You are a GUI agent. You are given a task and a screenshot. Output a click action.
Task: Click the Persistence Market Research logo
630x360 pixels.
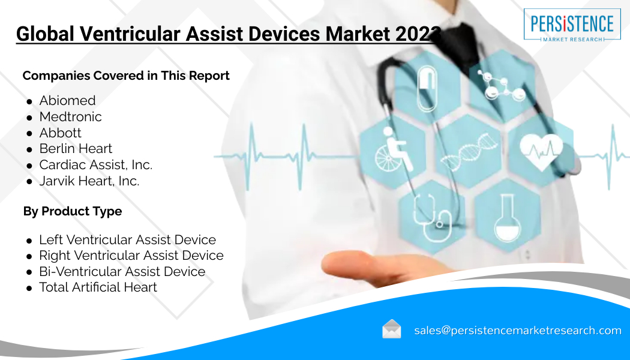pyautogui.click(x=572, y=25)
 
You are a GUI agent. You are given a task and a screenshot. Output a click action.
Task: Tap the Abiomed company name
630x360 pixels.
pyautogui.click(x=67, y=100)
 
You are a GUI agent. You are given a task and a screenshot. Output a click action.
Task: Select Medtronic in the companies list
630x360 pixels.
pyautogui.click(x=70, y=116)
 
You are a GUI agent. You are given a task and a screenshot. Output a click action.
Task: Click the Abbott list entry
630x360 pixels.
pyautogui.click(x=60, y=133)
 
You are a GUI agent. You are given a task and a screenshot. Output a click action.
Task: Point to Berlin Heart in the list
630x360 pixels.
pyautogui.click(x=76, y=149)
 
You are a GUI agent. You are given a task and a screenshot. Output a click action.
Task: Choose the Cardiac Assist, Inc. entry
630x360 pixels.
pyautogui.click(x=95, y=165)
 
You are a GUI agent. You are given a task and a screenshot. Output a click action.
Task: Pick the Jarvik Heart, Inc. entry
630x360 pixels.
pyautogui.click(x=89, y=181)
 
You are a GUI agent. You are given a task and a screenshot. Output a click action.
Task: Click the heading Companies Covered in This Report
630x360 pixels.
pyautogui.click(x=126, y=76)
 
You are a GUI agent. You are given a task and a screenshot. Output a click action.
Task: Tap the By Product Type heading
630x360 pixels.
pyautogui.click(x=73, y=211)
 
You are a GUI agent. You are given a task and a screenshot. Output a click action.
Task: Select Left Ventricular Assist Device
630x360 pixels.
pyautogui.click(x=127, y=240)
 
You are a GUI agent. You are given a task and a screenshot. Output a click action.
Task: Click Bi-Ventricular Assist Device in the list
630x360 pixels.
pyautogui.click(x=122, y=272)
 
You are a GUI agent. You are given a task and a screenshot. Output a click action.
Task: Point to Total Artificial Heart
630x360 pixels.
pyautogui.click(x=98, y=287)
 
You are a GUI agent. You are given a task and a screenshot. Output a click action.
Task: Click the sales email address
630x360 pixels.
pyautogui.click(x=518, y=330)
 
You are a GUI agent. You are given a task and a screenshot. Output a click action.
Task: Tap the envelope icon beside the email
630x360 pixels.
pyautogui.click(x=391, y=329)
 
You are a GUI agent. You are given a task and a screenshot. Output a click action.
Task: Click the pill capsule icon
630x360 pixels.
pyautogui.click(x=427, y=89)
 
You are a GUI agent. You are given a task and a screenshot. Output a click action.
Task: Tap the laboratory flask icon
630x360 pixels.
pyautogui.click(x=507, y=218)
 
